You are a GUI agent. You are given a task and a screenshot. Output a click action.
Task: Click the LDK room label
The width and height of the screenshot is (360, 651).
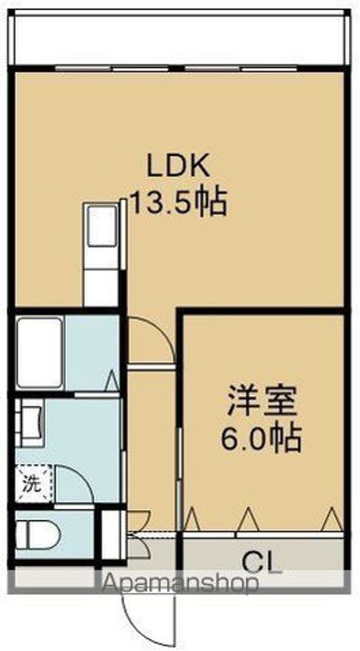click(x=179, y=165)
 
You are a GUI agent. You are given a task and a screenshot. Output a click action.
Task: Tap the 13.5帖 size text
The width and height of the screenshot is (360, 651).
click(x=179, y=200)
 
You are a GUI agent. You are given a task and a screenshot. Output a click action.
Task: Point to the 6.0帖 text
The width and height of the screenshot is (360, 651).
click(x=262, y=440)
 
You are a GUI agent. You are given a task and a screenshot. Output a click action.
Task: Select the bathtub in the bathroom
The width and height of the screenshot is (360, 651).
click(x=40, y=352)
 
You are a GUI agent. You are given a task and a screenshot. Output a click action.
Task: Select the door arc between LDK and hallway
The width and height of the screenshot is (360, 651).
click(x=149, y=339)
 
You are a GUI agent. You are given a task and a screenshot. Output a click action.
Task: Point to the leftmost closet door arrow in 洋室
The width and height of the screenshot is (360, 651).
click(x=191, y=519)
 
